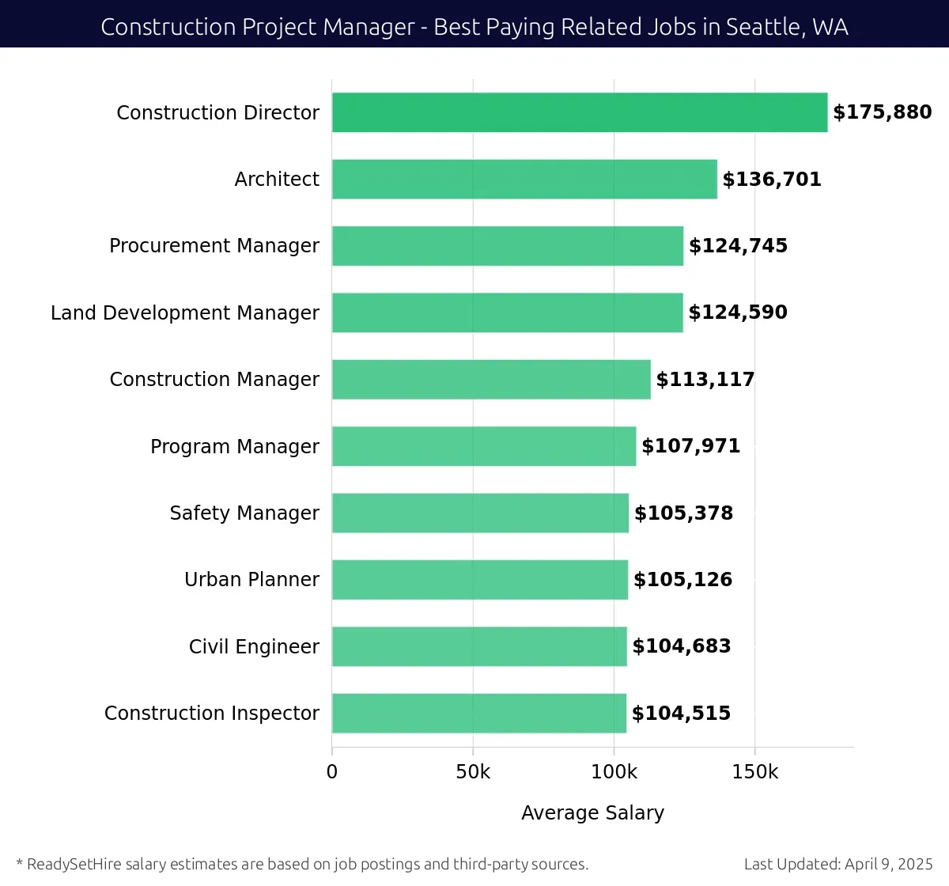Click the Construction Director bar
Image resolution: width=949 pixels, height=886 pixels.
click(x=580, y=112)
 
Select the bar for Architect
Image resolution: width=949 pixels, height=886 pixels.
click(x=524, y=179)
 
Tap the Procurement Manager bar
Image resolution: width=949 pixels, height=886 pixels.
click(x=508, y=246)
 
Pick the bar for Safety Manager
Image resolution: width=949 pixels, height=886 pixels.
click(x=480, y=513)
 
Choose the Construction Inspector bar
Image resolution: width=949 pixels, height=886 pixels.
click(x=479, y=713)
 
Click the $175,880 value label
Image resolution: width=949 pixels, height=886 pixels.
click(x=883, y=112)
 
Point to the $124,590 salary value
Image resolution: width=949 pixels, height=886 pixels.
click(x=738, y=312)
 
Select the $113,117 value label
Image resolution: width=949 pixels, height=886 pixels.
click(x=705, y=380)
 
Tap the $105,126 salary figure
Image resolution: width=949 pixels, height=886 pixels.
click(x=683, y=580)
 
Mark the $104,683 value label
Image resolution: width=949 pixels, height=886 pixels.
click(x=682, y=646)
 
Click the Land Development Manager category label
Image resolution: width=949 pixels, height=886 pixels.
click(x=185, y=313)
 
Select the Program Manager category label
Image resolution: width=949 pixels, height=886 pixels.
click(x=235, y=447)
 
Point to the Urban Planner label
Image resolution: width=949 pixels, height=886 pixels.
click(x=251, y=580)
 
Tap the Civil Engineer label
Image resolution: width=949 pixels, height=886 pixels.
click(x=254, y=647)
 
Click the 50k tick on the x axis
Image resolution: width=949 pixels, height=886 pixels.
click(x=473, y=772)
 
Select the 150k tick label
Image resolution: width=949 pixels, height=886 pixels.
click(x=755, y=772)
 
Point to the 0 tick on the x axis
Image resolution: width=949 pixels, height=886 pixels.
click(x=332, y=772)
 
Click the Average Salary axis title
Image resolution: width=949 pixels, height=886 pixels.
click(x=592, y=812)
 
